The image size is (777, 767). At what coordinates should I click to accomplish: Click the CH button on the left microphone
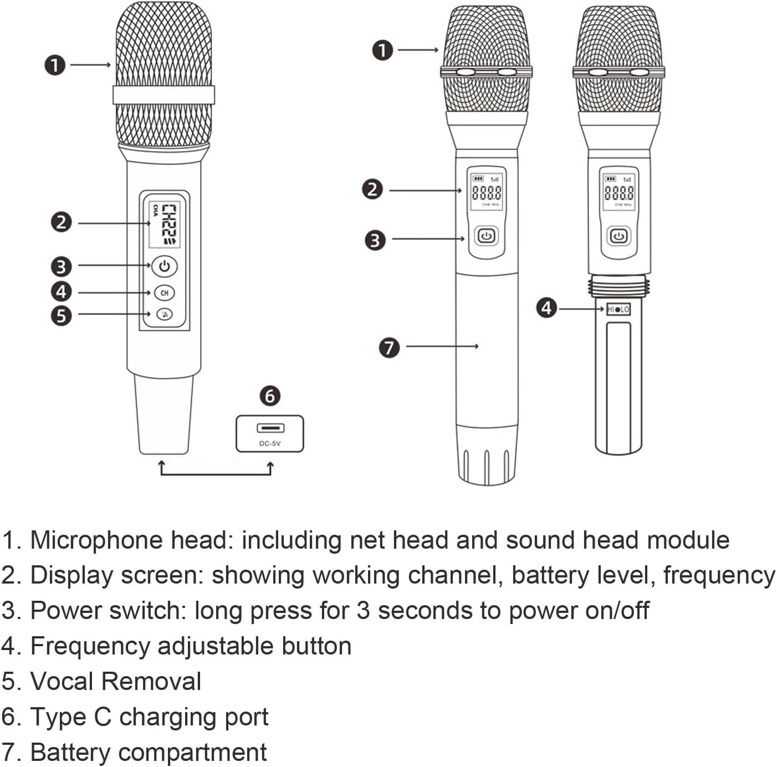(x=164, y=293)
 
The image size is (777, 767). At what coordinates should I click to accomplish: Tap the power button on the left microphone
(x=164, y=267)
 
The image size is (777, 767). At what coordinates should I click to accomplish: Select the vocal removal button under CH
(x=164, y=315)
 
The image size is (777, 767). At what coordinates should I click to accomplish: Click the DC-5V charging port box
(x=270, y=433)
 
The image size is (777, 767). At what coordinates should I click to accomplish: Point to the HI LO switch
(x=618, y=309)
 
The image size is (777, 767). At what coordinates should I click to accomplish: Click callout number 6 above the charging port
(x=270, y=396)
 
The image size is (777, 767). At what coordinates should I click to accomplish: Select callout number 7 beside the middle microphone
(x=389, y=347)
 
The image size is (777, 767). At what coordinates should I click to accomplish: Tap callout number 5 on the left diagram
(x=61, y=316)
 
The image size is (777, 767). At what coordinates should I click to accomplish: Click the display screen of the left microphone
(x=164, y=223)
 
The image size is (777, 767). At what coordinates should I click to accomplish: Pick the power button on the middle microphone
(x=486, y=236)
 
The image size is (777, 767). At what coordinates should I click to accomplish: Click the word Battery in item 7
(x=70, y=752)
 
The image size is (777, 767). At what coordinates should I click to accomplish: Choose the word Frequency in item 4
(x=90, y=646)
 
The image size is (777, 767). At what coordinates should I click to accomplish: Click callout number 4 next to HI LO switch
(x=546, y=308)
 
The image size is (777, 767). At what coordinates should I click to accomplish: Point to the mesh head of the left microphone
(x=164, y=55)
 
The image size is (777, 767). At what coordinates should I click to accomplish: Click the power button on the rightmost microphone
(x=618, y=236)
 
